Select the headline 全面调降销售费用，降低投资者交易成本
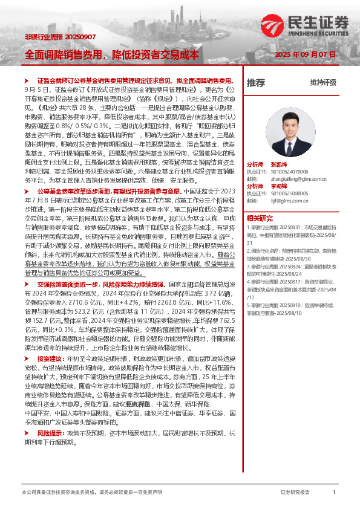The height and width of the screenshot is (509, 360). click(x=111, y=54)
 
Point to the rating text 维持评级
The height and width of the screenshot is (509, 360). click(x=323, y=83)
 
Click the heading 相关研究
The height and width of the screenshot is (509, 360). click(x=260, y=218)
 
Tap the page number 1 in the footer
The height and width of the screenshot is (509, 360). click(x=334, y=493)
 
